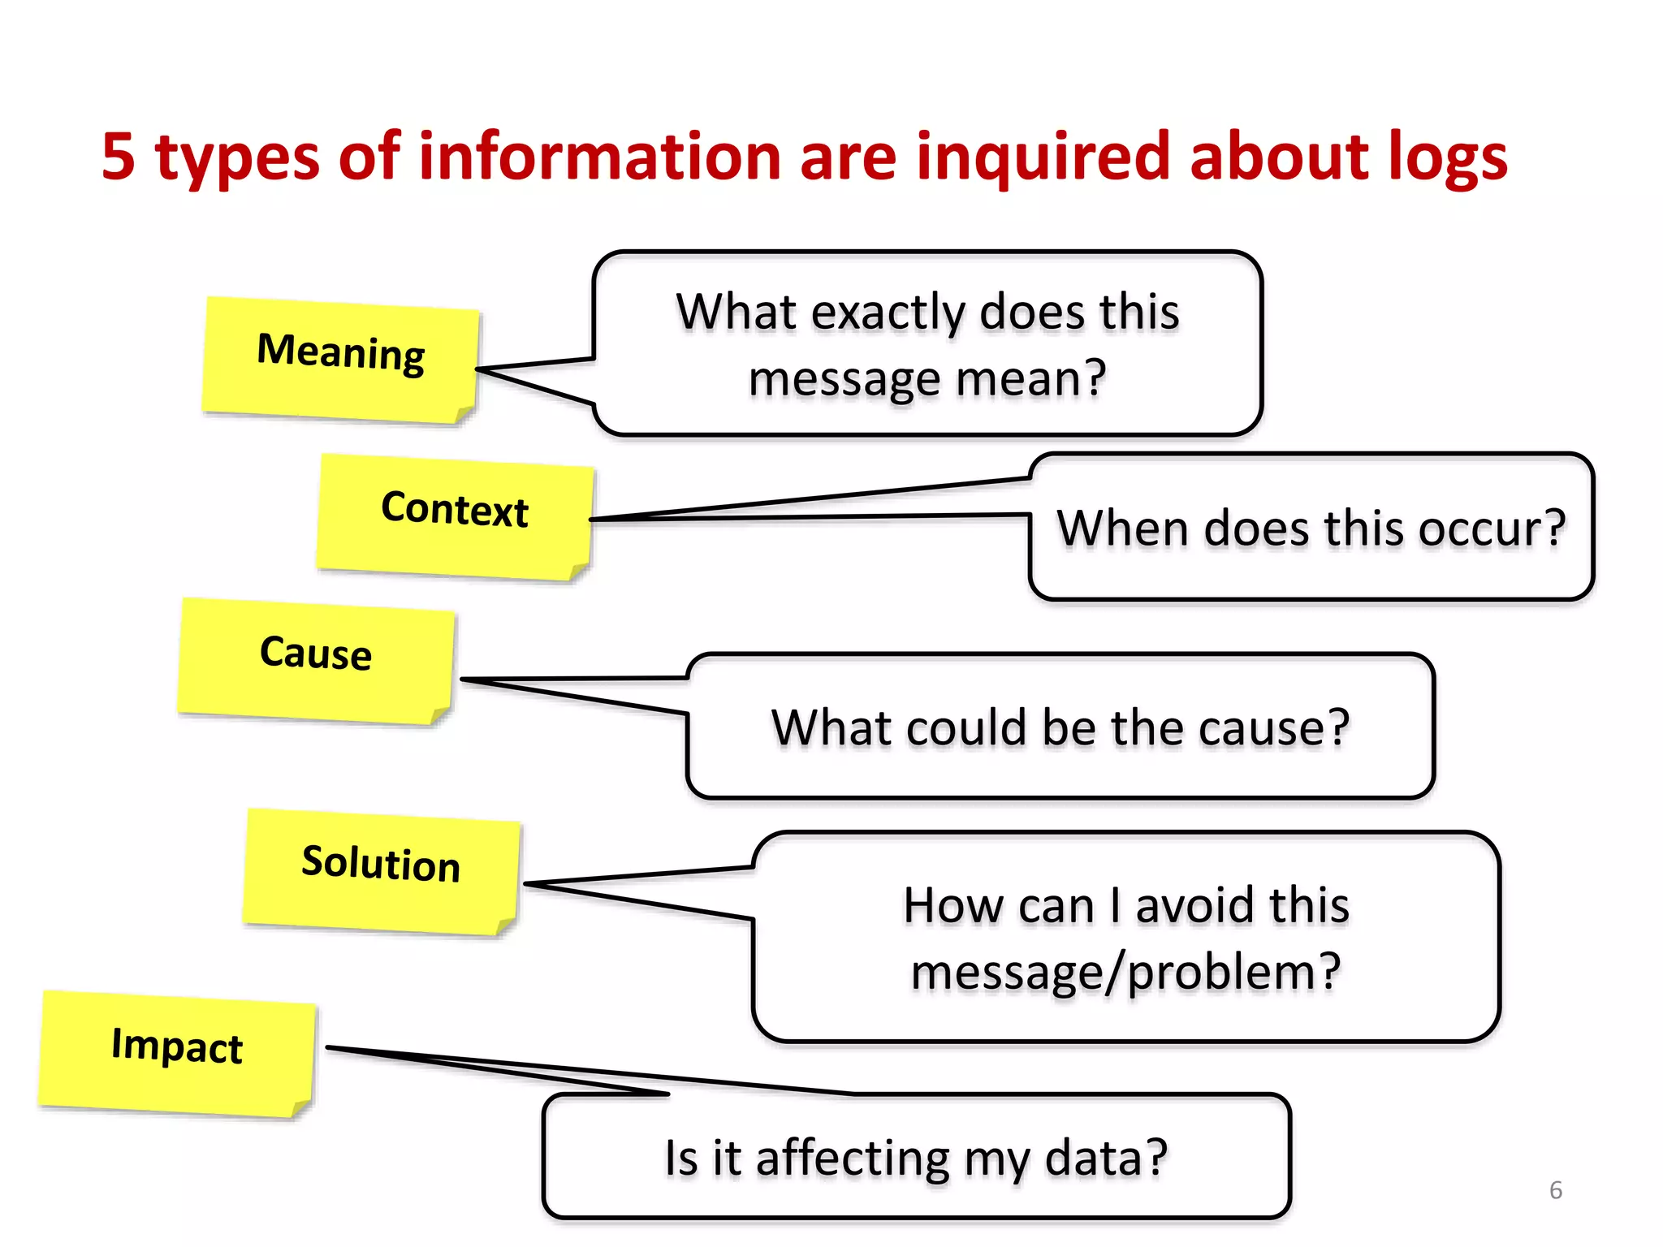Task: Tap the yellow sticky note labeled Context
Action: pos(455,516)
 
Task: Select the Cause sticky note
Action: pos(316,660)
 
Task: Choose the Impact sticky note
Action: pos(177,1053)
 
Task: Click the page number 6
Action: pos(1555,1190)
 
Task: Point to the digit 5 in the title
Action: pos(119,156)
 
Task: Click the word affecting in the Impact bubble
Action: pos(853,1159)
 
